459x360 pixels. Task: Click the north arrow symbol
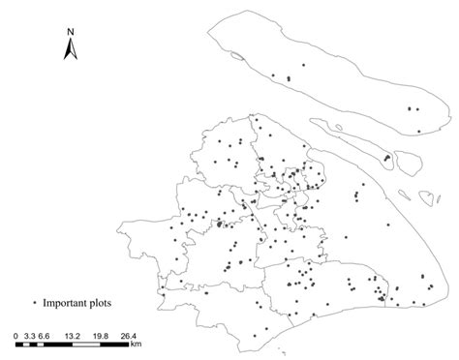click(71, 48)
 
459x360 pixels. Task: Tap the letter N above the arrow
click(71, 31)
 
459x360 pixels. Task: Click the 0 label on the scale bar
click(16, 336)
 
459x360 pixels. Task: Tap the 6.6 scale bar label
click(45, 336)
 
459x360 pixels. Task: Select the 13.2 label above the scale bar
click(73, 336)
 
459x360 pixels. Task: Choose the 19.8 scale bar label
click(102, 336)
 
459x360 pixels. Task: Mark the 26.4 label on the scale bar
click(130, 336)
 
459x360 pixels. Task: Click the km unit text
click(136, 345)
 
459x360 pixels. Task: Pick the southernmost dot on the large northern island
click(418, 132)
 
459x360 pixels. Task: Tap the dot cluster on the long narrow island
click(387, 158)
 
